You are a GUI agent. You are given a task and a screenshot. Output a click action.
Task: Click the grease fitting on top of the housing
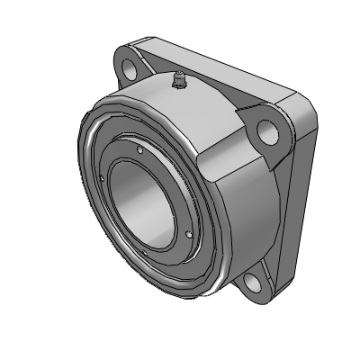[179, 82]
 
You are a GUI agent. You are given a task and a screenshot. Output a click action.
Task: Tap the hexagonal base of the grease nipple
[179, 87]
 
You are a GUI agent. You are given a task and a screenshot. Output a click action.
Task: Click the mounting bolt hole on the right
[268, 132]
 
